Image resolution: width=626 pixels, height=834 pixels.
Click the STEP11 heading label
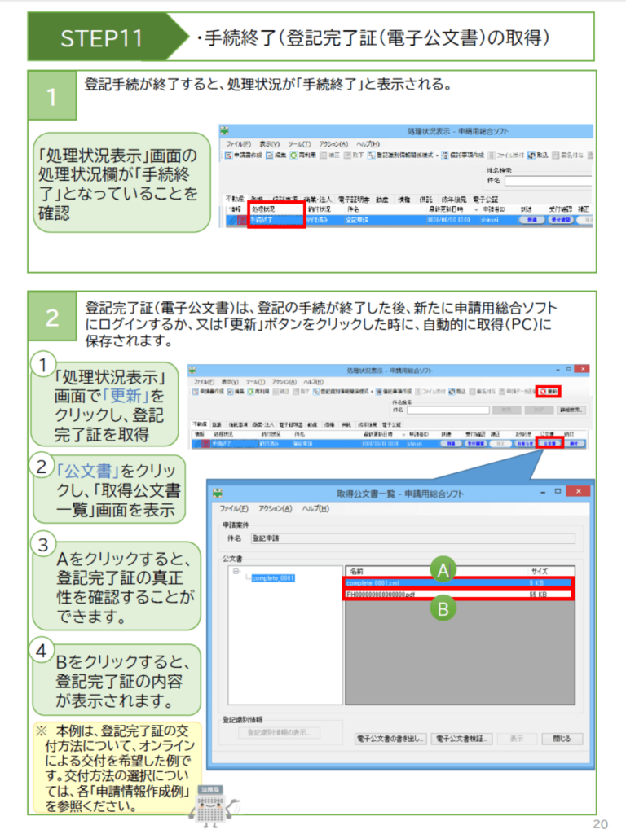[x=102, y=37]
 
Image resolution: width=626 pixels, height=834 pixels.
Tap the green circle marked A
[x=443, y=571]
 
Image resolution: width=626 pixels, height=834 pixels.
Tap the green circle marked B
[x=443, y=608]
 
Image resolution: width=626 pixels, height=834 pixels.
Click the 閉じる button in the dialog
[x=562, y=739]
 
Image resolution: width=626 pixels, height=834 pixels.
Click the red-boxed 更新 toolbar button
[x=549, y=392]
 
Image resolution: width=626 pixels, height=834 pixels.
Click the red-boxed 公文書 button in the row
[x=549, y=444]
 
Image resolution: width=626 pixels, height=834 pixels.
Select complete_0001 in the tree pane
[x=272, y=578]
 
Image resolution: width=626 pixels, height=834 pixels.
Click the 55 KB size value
[x=539, y=595]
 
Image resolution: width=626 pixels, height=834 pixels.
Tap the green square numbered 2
[x=52, y=318]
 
